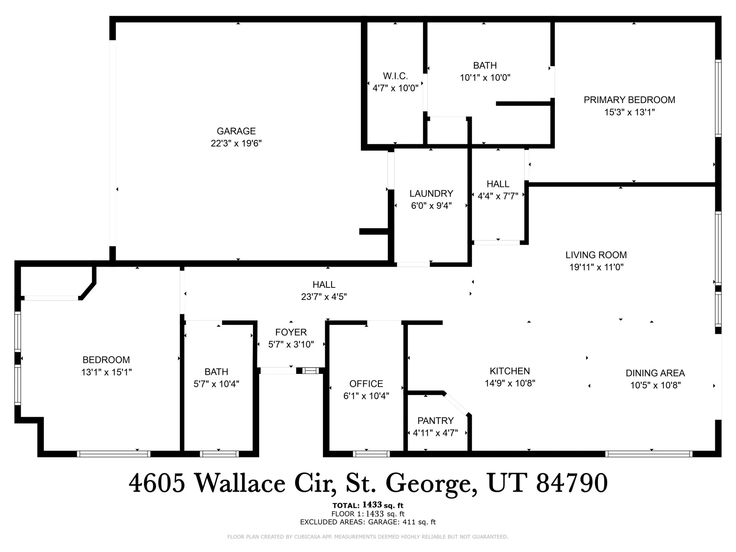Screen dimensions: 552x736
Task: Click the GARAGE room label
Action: [x=236, y=131]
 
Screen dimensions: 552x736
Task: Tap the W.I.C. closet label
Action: [x=395, y=76]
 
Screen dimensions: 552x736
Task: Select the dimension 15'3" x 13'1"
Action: [x=629, y=112]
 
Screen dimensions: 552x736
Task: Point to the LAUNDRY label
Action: [x=431, y=194]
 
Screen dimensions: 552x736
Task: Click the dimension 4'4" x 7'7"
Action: [x=498, y=196]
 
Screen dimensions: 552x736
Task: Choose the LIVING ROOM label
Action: [x=596, y=255]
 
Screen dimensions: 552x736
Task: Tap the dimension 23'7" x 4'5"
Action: [x=324, y=297]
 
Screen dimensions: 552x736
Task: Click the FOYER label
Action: [x=291, y=332]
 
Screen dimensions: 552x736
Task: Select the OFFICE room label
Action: [x=366, y=384]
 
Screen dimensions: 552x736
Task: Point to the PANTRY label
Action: [x=435, y=421]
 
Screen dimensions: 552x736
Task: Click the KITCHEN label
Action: [x=510, y=371]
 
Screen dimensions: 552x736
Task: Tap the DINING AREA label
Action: [x=655, y=373]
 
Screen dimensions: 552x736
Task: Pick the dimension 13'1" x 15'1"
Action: [x=106, y=372]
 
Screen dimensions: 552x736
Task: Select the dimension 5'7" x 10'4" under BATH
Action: [x=216, y=384]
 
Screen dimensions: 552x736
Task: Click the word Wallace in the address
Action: [x=240, y=483]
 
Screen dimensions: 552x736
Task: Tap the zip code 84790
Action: [x=572, y=483]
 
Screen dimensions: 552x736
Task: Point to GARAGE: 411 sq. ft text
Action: [x=402, y=522]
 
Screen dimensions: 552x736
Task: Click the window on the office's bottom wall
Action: [x=371, y=454]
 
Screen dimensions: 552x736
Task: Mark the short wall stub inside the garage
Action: [x=374, y=231]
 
